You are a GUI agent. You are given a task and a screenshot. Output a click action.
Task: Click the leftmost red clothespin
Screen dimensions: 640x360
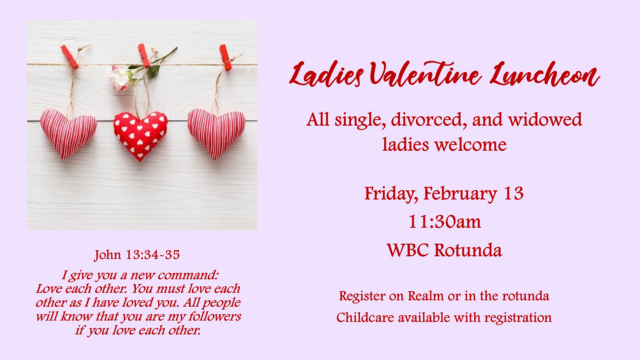[x=70, y=57]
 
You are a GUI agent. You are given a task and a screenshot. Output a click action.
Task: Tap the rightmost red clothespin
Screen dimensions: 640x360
[x=226, y=57]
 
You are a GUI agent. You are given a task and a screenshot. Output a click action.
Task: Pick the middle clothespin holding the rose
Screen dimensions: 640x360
[x=144, y=55]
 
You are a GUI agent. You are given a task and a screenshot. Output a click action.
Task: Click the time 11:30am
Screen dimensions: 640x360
[x=445, y=222]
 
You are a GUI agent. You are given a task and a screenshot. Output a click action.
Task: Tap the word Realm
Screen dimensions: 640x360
[x=426, y=296]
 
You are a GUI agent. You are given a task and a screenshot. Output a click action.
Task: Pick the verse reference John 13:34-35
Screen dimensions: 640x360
[x=137, y=255]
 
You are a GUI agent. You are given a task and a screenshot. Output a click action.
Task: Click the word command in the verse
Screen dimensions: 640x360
[x=188, y=275]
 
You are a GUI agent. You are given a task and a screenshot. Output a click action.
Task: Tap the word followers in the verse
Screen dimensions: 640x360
[x=215, y=316]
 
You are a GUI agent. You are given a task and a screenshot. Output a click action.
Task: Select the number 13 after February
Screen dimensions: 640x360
[x=514, y=194]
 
